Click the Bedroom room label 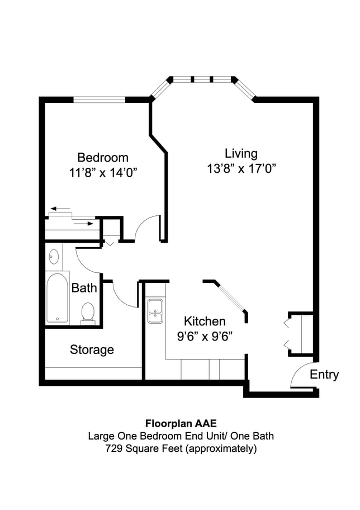(103, 158)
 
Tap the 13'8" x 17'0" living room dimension (241, 169)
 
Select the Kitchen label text (205, 322)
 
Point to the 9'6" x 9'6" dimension (205, 336)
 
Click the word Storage (92, 350)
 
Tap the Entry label (324, 374)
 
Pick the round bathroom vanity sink (54, 256)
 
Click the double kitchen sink (155, 311)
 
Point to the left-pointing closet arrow (60, 208)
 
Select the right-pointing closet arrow (84, 224)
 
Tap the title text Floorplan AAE (181, 423)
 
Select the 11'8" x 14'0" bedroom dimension (103, 173)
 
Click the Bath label (84, 288)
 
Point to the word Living (241, 154)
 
